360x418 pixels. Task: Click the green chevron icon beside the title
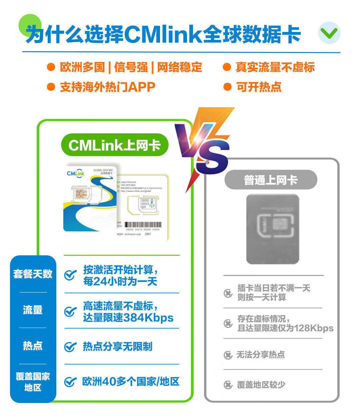[329, 33]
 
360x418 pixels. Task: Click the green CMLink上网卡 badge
[115, 145]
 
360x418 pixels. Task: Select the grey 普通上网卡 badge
[271, 180]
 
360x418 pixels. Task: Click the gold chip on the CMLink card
[81, 193]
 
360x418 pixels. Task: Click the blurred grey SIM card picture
[273, 229]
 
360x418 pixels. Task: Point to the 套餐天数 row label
[33, 274]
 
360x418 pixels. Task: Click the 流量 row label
[33, 310]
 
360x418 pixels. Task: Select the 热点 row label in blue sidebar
[33, 346]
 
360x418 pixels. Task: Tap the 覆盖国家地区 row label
[33, 382]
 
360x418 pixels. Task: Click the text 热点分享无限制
[118, 347]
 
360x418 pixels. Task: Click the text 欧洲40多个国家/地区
[131, 381]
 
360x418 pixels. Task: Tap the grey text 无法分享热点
[260, 355]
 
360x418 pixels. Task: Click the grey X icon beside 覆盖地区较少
[228, 385]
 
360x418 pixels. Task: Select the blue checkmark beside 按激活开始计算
[70, 275]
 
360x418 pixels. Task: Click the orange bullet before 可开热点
[227, 87]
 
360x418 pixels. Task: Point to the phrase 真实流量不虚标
[275, 67]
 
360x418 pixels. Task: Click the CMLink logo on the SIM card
[76, 173]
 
